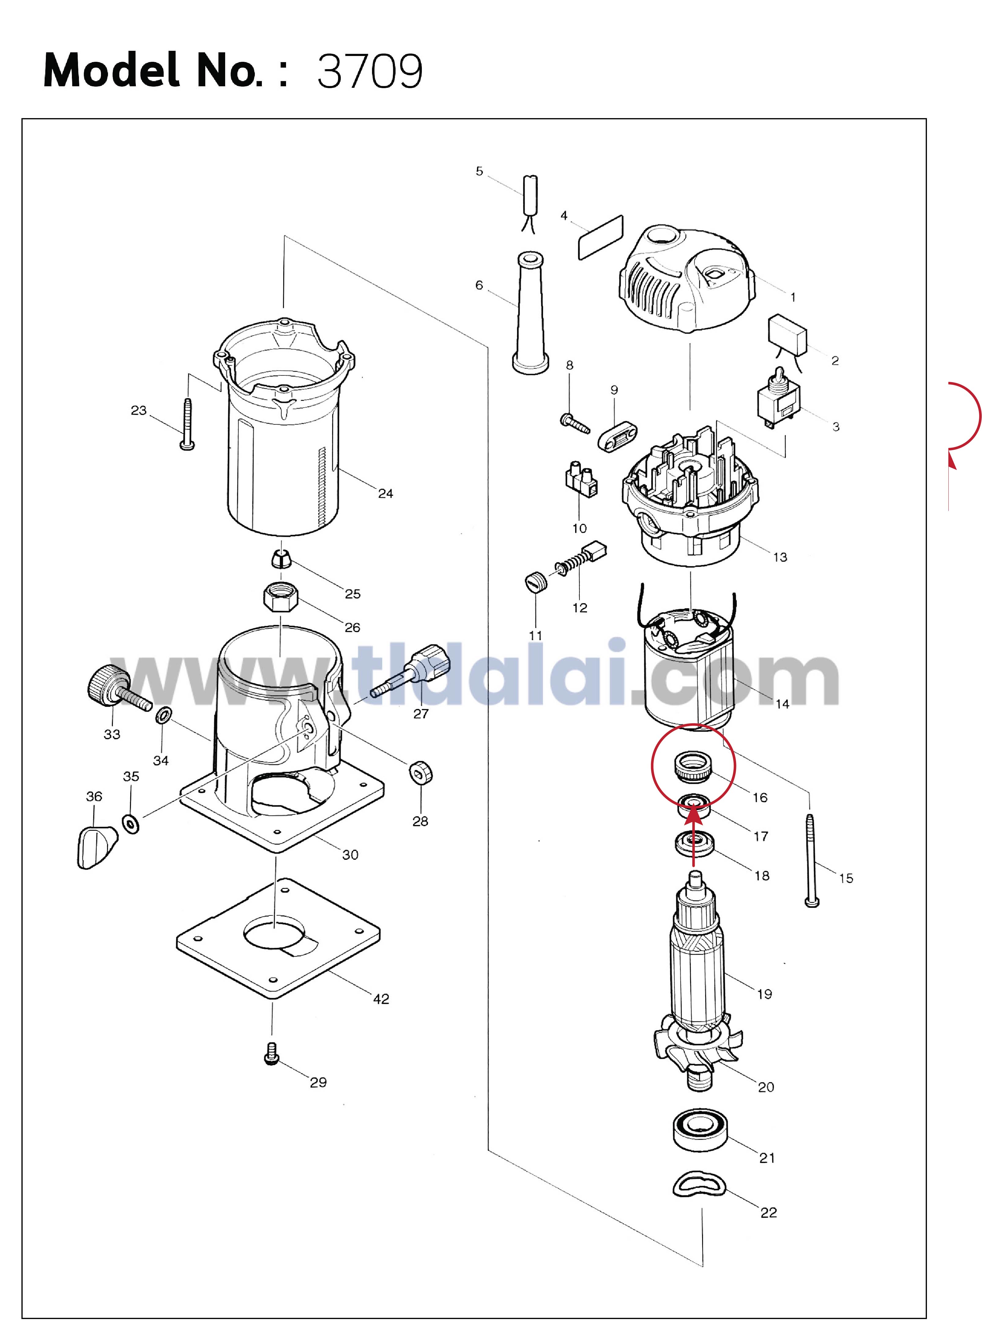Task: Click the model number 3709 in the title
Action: pos(370,71)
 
